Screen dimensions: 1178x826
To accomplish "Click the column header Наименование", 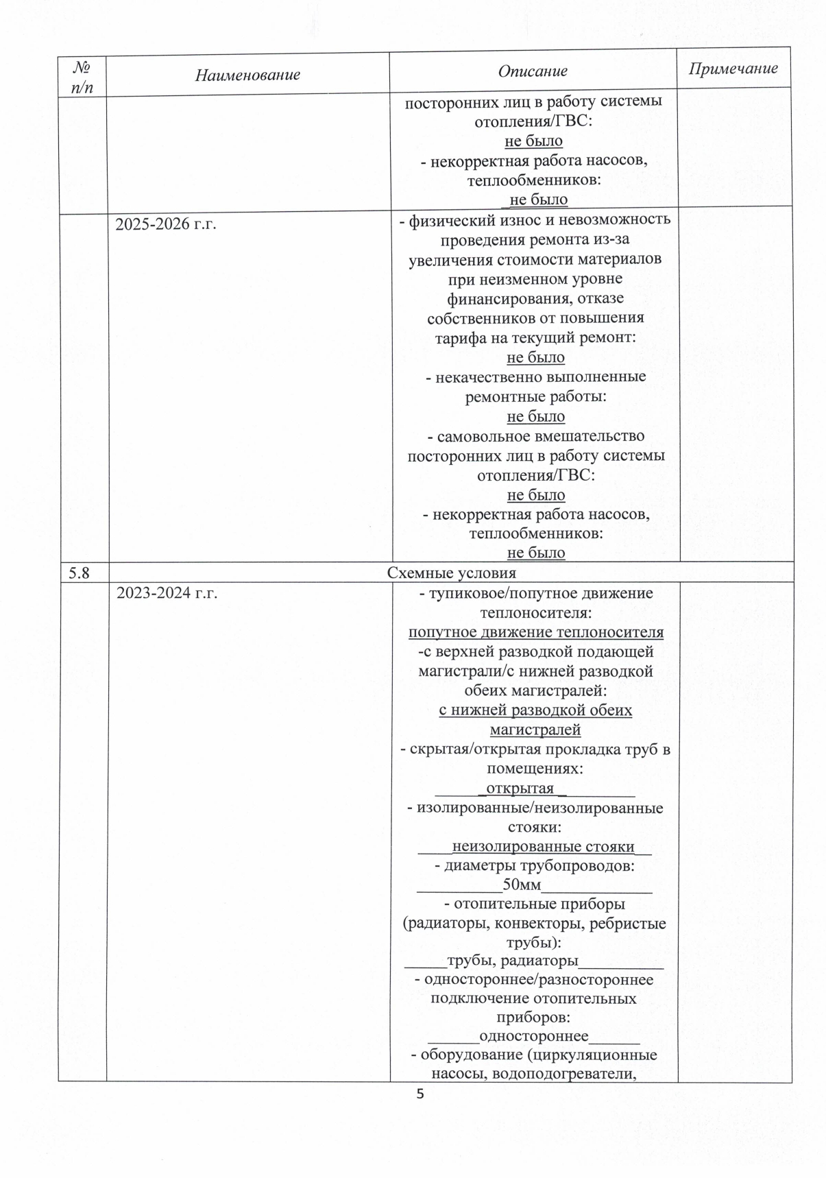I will pyautogui.click(x=247, y=75).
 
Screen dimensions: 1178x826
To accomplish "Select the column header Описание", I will pyautogui.click(x=533, y=71).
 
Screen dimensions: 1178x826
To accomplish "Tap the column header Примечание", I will pyautogui.click(x=733, y=69).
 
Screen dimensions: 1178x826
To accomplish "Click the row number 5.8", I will pyautogui.click(x=80, y=573).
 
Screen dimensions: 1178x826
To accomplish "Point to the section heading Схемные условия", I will pyautogui.click(x=452, y=573).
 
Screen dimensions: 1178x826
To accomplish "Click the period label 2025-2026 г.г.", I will pyautogui.click(x=166, y=224).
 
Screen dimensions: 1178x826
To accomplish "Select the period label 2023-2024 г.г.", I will pyautogui.click(x=167, y=593).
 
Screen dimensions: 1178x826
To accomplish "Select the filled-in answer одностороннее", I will pyautogui.click(x=533, y=1036).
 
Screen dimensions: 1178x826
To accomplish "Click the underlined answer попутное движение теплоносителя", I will pyautogui.click(x=536, y=632).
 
